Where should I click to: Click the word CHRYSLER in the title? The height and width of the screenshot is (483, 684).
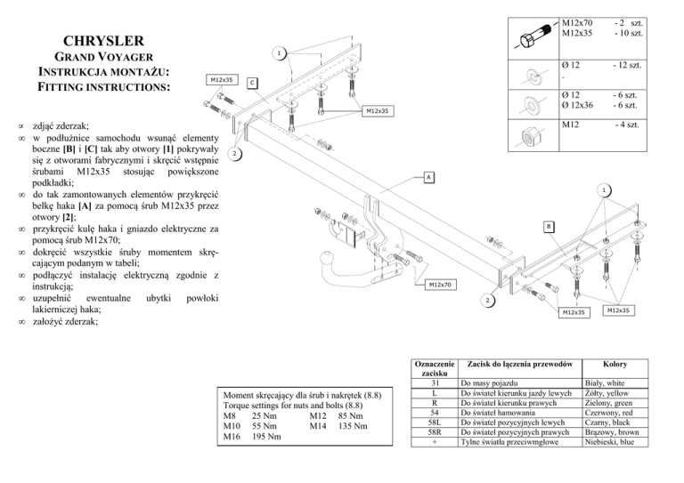coord(103,41)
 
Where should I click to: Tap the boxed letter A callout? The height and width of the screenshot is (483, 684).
coord(428,177)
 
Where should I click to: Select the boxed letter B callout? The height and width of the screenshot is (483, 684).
coord(549,227)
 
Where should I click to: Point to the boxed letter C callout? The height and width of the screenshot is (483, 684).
coord(252,84)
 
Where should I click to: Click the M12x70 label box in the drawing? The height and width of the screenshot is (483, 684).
coord(441,285)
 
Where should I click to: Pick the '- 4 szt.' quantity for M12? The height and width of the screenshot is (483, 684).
coord(627,125)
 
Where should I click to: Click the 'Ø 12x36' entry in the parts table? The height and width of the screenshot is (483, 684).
coord(577,105)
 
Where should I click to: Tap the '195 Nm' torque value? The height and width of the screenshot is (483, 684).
coord(266,437)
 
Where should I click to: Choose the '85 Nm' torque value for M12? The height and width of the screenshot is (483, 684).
coord(350,416)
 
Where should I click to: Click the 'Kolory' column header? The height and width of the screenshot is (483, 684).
coord(615,364)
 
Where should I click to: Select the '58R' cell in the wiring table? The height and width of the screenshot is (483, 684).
coord(435,432)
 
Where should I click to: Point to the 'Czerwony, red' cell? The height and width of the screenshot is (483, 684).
coord(608,413)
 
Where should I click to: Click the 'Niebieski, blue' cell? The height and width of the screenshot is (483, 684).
coord(609,442)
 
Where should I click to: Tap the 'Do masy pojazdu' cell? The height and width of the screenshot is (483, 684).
coord(489,383)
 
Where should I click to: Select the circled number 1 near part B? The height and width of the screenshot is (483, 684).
coord(604,190)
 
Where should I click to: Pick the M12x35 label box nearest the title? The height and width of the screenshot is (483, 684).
coord(222,80)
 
